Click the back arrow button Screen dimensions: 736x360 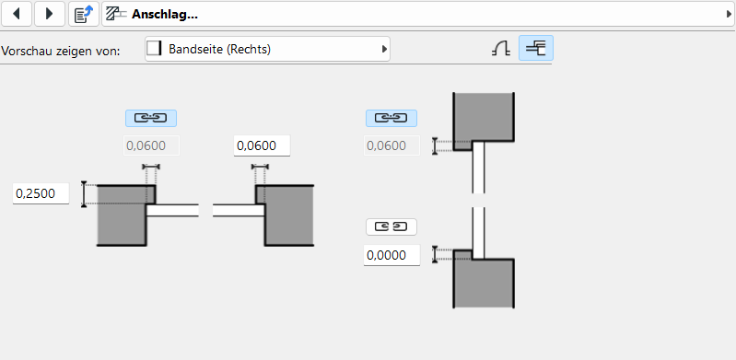(x=17, y=14)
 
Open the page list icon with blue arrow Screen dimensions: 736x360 (x=84, y=14)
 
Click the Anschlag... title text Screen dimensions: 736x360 (x=164, y=14)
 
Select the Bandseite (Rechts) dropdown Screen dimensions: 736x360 (x=267, y=49)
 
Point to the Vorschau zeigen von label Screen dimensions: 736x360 (x=61, y=51)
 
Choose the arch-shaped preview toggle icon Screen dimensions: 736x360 (x=501, y=49)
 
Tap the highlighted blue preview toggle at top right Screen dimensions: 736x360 (x=535, y=48)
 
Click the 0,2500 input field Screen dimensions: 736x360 (x=41, y=193)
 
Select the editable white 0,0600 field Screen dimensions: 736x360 (x=262, y=145)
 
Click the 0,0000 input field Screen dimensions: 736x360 (x=391, y=255)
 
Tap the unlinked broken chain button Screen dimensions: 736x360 (x=391, y=226)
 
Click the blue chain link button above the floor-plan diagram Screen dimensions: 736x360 (x=151, y=118)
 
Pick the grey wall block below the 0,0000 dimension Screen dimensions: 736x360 (x=484, y=283)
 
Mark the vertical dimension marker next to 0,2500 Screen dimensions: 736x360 (x=84, y=194)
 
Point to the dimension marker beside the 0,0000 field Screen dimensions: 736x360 (x=435, y=254)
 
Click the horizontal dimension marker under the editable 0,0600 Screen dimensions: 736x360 (x=260, y=167)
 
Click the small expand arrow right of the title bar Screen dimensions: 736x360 (x=729, y=15)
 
